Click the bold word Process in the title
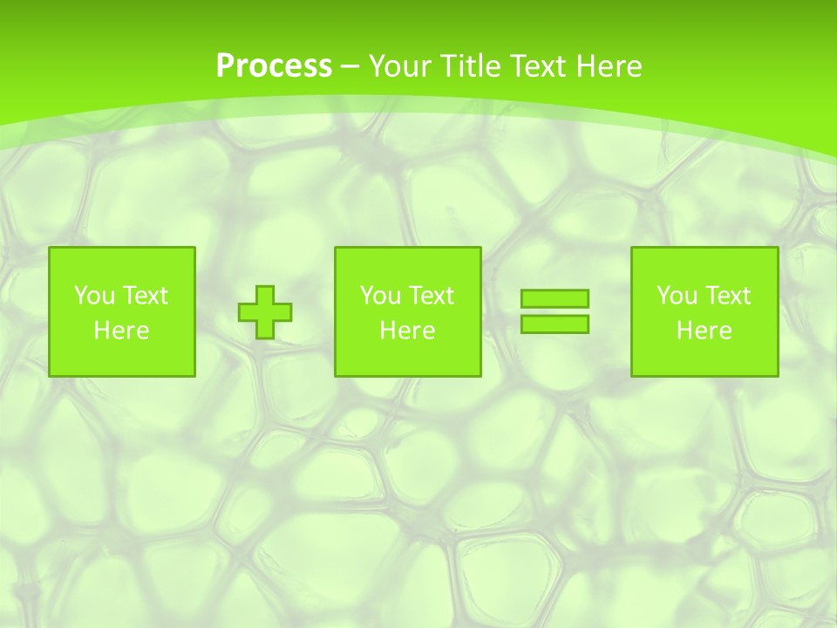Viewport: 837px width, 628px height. point(274,66)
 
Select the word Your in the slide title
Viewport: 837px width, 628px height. point(398,66)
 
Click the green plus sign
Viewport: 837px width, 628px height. point(265,311)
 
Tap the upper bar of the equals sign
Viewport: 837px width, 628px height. point(555,298)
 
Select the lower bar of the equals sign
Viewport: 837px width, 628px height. point(555,324)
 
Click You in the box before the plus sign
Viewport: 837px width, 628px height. point(94,296)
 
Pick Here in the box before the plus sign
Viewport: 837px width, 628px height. point(121,331)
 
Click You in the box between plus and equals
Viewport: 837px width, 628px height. point(380,296)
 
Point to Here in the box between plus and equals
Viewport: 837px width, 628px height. point(407,331)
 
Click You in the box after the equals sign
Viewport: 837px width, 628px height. point(677,296)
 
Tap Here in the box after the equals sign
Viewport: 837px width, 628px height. point(704,331)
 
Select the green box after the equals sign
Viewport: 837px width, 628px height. point(704,358)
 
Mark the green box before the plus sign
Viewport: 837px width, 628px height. point(122,358)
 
